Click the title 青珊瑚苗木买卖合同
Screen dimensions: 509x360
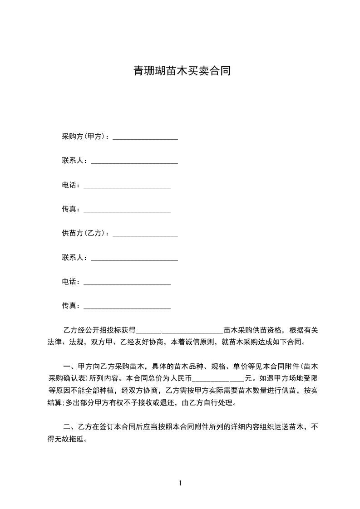coord(182,71)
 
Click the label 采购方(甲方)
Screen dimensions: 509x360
coord(84,137)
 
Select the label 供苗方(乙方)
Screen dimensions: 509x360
coord(84,233)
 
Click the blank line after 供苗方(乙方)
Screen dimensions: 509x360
coord(145,235)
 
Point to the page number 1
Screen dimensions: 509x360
coord(180,483)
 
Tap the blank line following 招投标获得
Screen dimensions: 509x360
coord(180,332)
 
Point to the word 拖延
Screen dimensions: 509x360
coord(76,439)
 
